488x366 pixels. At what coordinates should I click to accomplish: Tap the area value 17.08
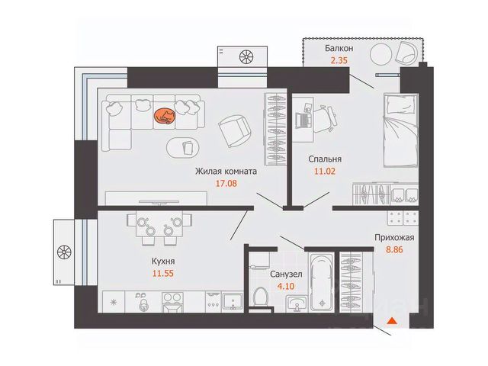click(226, 183)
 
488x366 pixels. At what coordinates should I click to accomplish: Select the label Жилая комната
click(226, 171)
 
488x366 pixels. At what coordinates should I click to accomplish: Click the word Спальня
click(325, 159)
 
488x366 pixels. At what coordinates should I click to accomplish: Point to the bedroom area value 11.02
click(325, 171)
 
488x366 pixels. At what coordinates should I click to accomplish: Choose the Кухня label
click(163, 262)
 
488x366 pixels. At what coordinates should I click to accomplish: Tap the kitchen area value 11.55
click(162, 274)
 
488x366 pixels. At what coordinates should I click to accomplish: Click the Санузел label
click(286, 274)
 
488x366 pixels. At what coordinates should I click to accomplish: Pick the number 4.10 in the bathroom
click(286, 286)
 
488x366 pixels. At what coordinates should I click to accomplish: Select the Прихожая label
click(394, 237)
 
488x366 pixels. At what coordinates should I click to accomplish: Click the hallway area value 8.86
click(394, 249)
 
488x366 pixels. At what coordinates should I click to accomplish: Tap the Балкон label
click(339, 48)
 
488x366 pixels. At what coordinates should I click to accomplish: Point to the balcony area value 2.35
click(339, 60)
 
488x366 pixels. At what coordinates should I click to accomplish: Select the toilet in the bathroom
click(261, 298)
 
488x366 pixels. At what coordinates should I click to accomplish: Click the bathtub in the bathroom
click(322, 281)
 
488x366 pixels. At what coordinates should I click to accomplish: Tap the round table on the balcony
click(380, 54)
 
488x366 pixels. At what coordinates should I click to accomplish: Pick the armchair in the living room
click(234, 130)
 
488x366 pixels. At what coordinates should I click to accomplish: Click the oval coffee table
click(183, 148)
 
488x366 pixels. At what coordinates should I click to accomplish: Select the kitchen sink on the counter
click(233, 301)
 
